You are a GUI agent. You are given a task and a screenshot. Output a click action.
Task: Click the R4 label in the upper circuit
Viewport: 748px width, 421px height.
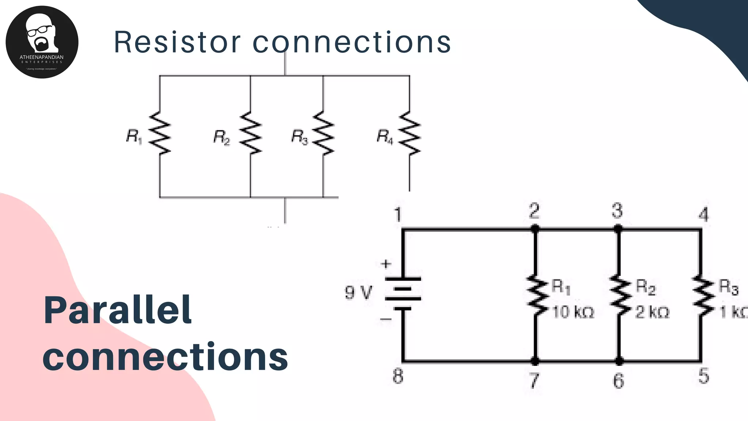385,137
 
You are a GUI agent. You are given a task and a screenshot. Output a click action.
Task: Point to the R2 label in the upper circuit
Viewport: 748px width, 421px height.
222,137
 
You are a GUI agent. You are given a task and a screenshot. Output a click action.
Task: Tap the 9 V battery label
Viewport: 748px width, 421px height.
358,293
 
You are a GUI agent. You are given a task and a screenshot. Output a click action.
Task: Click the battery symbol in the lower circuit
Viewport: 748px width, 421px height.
403,293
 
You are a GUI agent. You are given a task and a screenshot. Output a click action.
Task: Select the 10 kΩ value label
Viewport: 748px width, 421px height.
573,312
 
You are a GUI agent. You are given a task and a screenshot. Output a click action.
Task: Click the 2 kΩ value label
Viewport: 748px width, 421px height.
652,312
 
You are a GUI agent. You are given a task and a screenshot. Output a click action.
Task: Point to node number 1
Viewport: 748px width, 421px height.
398,215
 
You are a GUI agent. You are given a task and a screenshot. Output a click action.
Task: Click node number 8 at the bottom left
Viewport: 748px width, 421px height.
398,376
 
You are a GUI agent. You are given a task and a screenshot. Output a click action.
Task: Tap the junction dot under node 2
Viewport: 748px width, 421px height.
535,229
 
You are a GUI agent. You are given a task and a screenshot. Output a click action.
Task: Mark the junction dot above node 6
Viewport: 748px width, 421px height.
619,361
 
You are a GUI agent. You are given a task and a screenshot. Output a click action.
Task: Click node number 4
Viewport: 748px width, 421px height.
703,215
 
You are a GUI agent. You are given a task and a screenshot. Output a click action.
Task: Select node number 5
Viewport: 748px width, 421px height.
703,376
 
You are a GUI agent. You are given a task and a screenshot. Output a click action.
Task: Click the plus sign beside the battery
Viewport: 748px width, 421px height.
386,264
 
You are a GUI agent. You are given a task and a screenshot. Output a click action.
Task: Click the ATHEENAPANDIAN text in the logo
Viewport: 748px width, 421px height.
42,57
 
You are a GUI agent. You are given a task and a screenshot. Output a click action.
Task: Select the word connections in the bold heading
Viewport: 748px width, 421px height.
165,356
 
